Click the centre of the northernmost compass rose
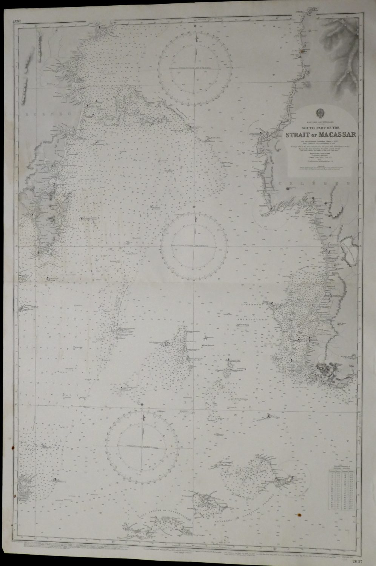click(x=195, y=68)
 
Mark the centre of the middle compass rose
click(x=194, y=246)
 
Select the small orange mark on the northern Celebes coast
click(x=302, y=50)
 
